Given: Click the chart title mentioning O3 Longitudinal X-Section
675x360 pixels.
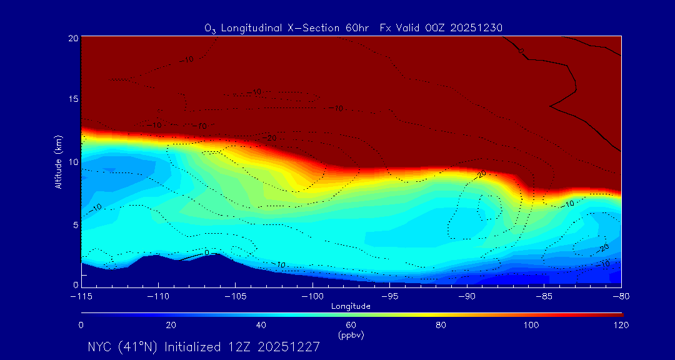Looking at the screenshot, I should point(354,28).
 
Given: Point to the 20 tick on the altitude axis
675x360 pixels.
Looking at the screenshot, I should point(72,38).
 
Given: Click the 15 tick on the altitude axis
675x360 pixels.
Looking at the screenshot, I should point(72,99).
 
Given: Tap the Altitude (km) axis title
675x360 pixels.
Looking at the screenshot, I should point(59,161).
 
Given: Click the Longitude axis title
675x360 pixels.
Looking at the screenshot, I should point(351,306).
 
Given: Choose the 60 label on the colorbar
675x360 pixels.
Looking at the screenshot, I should point(351,325).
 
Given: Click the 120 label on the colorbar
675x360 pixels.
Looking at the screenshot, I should point(621,325).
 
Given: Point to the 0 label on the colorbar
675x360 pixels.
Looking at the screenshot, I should point(81,325).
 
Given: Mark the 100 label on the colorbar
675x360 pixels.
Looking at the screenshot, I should point(531,325).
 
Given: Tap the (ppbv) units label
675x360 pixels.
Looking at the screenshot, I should point(351,335).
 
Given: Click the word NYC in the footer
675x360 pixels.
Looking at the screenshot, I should point(100,347).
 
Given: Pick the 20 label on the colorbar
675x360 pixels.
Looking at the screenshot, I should point(171,325).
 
